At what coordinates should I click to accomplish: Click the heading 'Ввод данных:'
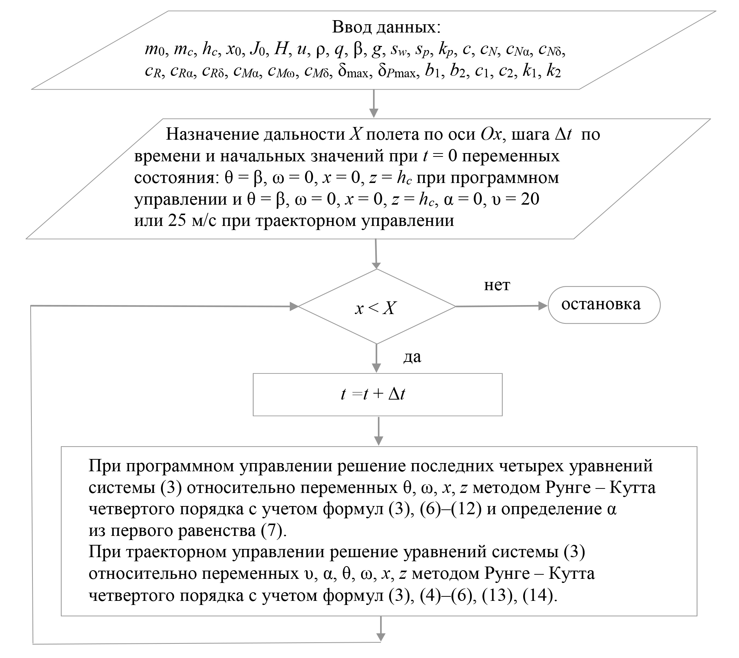tap(386, 27)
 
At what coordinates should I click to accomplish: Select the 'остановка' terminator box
tap(603, 305)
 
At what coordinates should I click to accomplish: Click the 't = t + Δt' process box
tap(377, 394)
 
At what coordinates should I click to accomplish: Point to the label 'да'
tap(412, 357)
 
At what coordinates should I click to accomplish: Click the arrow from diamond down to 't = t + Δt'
tap(376, 359)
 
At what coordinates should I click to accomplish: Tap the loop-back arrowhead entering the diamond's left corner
tap(294, 306)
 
